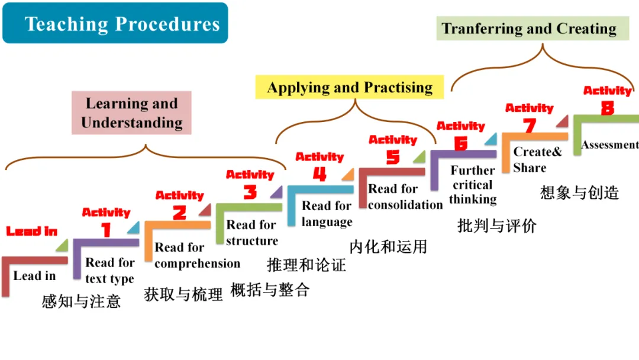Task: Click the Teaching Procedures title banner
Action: [115, 24]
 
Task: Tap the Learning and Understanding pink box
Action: [132, 113]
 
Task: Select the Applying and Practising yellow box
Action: [350, 88]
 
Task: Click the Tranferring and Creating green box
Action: [529, 28]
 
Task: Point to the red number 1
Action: [106, 230]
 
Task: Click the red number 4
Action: [319, 175]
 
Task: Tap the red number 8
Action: [607, 108]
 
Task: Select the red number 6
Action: [460, 143]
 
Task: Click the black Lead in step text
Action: [34, 276]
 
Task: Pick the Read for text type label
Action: [110, 271]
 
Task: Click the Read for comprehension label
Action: [197, 255]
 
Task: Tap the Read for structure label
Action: [251, 233]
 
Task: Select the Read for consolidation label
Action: [405, 197]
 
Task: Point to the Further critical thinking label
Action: [473, 185]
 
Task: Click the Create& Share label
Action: [537, 159]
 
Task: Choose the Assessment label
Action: [609, 145]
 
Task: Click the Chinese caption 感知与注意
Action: [81, 301]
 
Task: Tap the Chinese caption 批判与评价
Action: [496, 226]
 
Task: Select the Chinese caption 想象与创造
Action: [579, 192]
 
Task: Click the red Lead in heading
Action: [32, 231]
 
